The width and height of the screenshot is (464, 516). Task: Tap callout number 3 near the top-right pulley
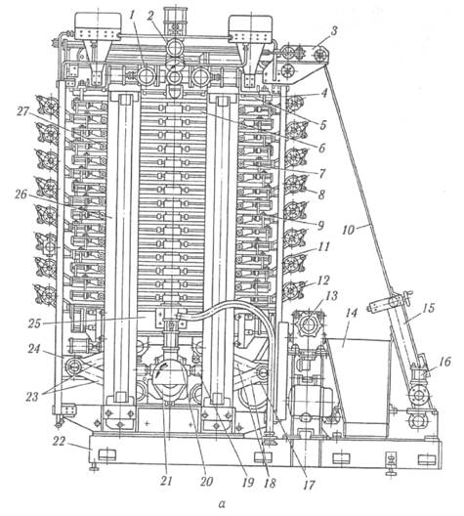click(x=334, y=32)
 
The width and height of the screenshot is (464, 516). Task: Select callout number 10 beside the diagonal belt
click(x=350, y=229)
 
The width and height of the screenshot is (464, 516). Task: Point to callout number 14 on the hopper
click(x=352, y=313)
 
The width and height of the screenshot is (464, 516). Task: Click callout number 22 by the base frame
click(x=61, y=441)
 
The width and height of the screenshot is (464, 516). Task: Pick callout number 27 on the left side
click(x=22, y=111)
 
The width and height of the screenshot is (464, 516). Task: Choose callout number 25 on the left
click(x=34, y=323)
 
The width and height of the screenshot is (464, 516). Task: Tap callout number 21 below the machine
click(x=166, y=481)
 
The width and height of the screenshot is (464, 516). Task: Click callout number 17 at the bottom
click(x=309, y=485)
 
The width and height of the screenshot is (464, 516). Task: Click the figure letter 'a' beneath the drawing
click(x=223, y=503)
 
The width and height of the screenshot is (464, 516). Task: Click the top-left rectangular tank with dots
click(x=98, y=25)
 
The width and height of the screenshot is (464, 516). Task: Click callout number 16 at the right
click(x=443, y=362)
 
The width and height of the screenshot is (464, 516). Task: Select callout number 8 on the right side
click(x=321, y=194)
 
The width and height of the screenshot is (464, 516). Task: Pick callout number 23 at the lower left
click(x=32, y=397)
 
